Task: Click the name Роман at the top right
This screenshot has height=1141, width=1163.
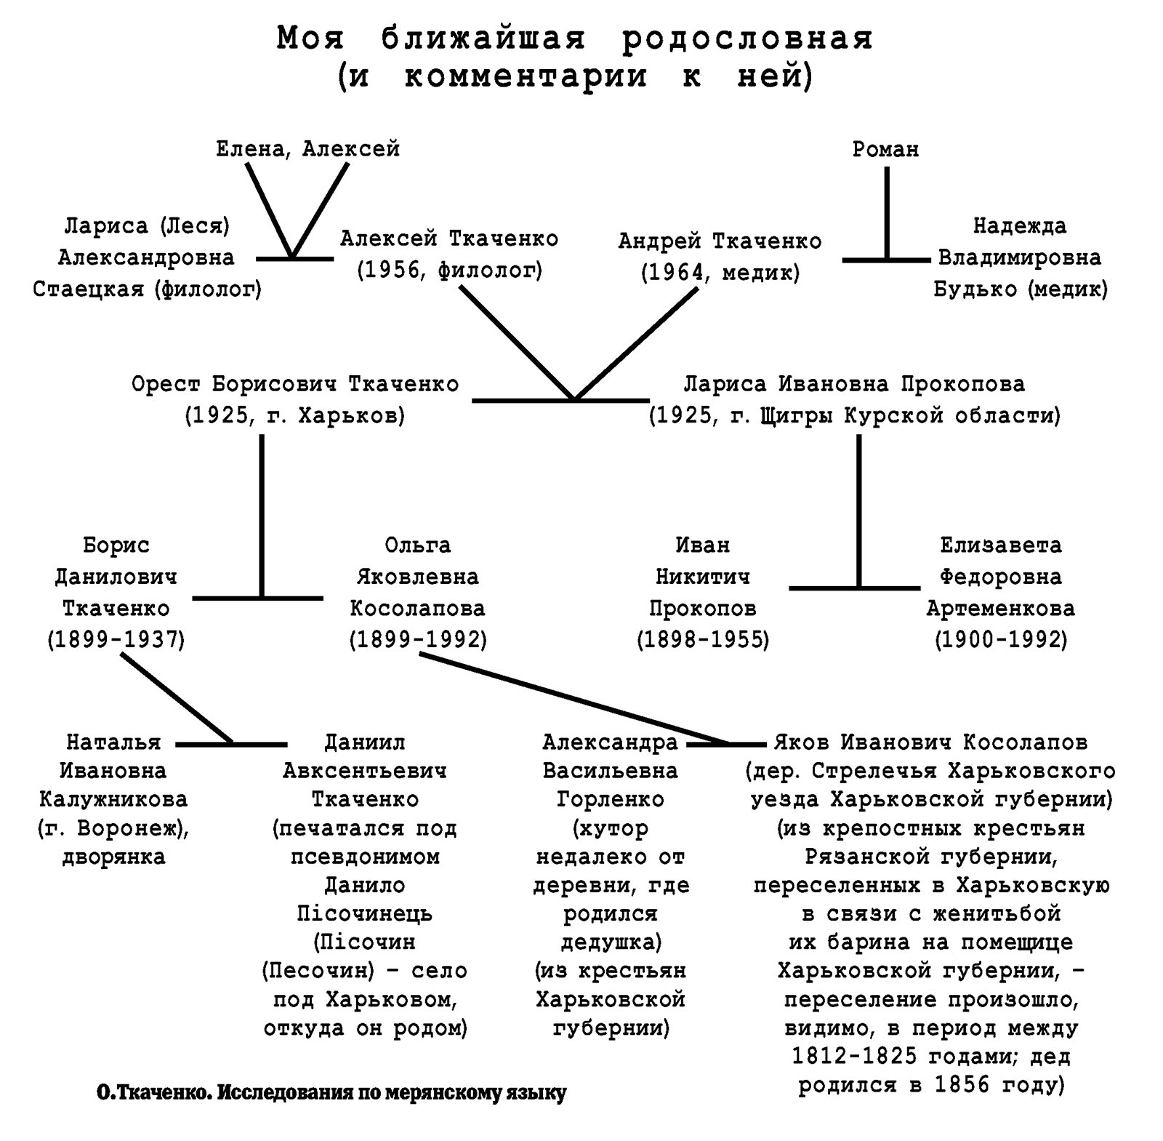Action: pyautogui.click(x=885, y=149)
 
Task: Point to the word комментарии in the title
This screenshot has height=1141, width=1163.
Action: pyautogui.click(x=525, y=76)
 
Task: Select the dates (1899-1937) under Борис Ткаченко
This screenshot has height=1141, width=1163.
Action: pyautogui.click(x=116, y=640)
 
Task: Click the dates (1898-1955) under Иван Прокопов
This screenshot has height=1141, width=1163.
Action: pyautogui.click(x=703, y=640)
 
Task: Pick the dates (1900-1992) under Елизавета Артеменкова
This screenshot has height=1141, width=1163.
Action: pyautogui.click(x=1001, y=640)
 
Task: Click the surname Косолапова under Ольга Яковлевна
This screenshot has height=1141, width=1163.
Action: pyautogui.click(x=417, y=608)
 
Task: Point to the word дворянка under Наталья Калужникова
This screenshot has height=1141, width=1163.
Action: pyautogui.click(x=113, y=857)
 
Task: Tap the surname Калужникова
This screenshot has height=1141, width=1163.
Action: pyautogui.click(x=113, y=799)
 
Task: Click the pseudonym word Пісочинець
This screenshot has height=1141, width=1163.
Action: pyautogui.click(x=365, y=913)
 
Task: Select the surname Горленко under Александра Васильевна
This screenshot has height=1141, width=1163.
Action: pyautogui.click(x=611, y=799)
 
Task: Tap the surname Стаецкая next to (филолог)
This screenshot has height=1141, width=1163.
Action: pyautogui.click(x=89, y=289)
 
